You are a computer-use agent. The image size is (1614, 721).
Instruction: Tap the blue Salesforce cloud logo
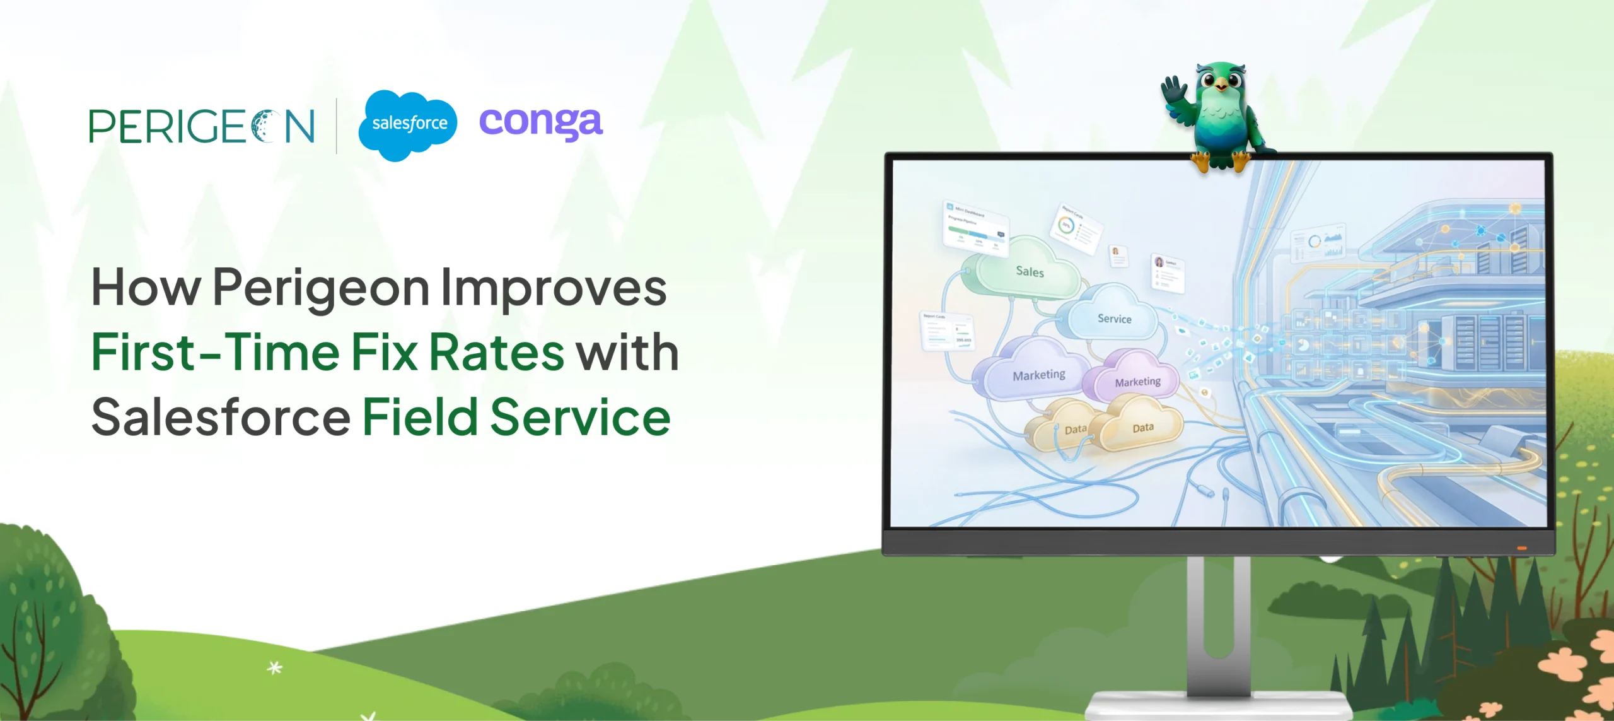coord(409,124)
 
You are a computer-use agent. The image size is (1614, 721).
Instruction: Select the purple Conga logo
coord(541,122)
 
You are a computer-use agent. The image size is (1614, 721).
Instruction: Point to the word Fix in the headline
coord(384,352)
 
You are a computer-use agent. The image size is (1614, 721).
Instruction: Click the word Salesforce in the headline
coord(221,418)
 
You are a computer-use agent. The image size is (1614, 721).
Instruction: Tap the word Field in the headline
coord(420,418)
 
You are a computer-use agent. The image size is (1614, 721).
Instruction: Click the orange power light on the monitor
coord(1521,548)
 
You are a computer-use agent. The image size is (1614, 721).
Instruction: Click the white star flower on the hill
coord(274,667)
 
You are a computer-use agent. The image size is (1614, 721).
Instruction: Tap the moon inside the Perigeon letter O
coord(263,126)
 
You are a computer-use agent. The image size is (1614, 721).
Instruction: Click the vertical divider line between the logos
coord(337,126)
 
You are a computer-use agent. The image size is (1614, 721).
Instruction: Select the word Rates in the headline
coord(496,352)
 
